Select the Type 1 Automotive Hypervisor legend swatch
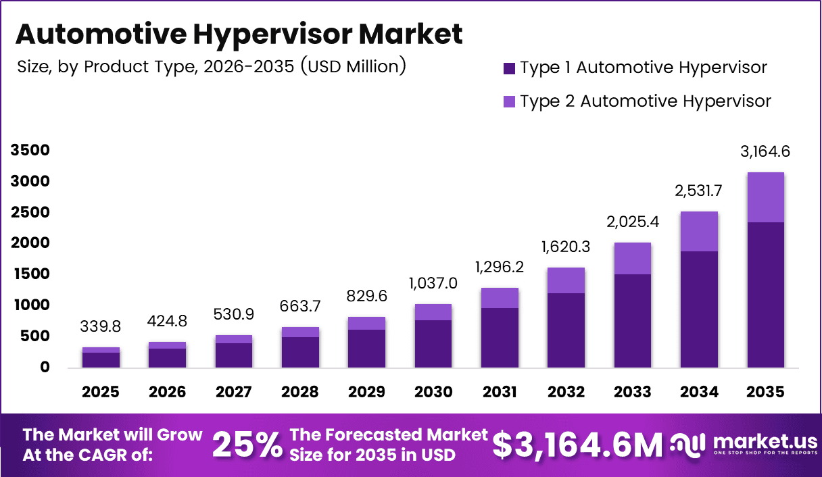pyautogui.click(x=510, y=68)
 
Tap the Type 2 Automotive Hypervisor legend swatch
pyautogui.click(x=510, y=101)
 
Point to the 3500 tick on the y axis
pyautogui.click(x=30, y=150)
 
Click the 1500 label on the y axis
pyautogui.click(x=30, y=274)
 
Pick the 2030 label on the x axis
pyautogui.click(x=433, y=393)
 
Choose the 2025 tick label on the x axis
pyautogui.click(x=101, y=393)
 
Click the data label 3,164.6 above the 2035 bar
pyautogui.click(x=765, y=152)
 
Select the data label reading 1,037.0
pyautogui.click(x=433, y=284)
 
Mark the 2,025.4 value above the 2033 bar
pyautogui.click(x=633, y=222)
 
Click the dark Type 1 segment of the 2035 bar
pyautogui.click(x=765, y=295)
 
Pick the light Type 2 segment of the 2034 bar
pyautogui.click(x=699, y=231)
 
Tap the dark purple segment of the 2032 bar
pyautogui.click(x=566, y=330)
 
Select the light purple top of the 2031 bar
pyautogui.click(x=500, y=298)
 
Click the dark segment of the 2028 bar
pyautogui.click(x=300, y=351)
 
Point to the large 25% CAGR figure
pyautogui.click(x=247, y=445)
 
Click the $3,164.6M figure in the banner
pyautogui.click(x=577, y=445)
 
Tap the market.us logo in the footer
pyautogui.click(x=744, y=445)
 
